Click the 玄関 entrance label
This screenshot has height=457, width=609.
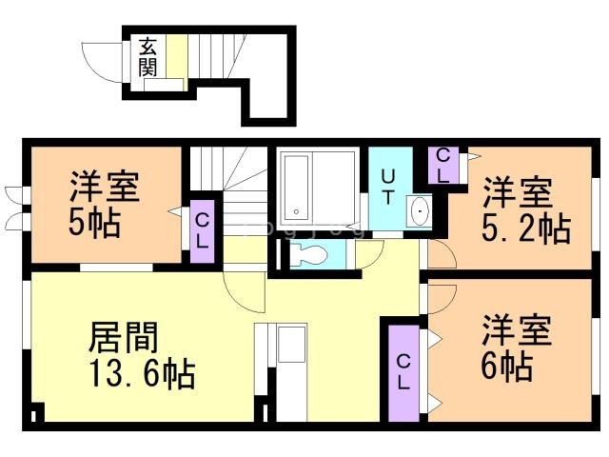coord(147,56)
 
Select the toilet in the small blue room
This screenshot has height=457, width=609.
coord(305,255)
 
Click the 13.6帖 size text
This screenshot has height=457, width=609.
coord(143,373)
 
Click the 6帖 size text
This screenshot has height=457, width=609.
coord(505,366)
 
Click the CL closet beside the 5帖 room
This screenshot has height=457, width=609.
coord(203,231)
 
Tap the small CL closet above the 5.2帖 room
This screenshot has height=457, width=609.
coord(442,167)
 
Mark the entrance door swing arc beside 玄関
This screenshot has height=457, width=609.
coord(99,57)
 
